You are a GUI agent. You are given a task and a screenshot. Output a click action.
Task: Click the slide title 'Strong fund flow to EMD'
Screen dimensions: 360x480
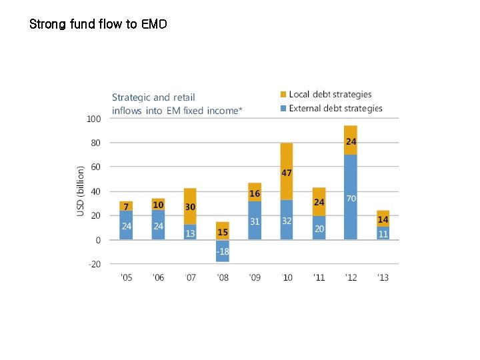(98, 25)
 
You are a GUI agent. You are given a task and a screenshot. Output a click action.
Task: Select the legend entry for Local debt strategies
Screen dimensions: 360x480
(330, 95)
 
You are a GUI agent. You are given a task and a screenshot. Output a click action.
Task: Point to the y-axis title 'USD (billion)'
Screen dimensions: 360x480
(81, 191)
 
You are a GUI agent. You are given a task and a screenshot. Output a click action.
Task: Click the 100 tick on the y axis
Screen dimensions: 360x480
(93, 119)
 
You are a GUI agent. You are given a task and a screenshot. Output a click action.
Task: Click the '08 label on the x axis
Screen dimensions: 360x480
(222, 277)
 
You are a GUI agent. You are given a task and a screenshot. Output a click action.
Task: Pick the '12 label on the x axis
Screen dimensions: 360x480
(351, 277)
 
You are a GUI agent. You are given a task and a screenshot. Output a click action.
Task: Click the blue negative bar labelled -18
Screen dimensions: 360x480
(222, 251)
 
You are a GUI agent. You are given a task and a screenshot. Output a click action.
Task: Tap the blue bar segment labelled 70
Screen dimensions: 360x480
(351, 197)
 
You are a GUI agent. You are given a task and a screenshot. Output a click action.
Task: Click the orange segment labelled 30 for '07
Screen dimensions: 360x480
(190, 207)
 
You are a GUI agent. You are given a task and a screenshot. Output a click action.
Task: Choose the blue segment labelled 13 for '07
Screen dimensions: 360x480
(190, 232)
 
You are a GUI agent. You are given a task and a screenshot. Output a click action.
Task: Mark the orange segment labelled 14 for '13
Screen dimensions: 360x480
(383, 219)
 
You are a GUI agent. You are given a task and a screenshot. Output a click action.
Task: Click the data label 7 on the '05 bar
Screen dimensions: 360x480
(126, 206)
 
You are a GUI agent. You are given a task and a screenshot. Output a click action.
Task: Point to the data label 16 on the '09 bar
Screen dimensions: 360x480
(255, 194)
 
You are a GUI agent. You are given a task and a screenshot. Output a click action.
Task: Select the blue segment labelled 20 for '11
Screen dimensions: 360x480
(319, 228)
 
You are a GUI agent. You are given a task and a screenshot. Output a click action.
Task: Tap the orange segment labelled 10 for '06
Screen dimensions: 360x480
(158, 204)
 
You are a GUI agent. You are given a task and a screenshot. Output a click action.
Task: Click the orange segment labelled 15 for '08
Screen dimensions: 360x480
(222, 231)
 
